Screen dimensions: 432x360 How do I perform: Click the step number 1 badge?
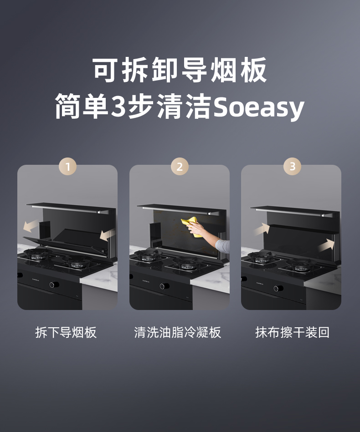[68, 167]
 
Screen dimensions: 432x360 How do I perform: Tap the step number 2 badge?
[180, 167]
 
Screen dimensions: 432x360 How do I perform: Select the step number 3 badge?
[292, 167]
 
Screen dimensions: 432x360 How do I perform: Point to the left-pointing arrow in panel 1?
[31, 225]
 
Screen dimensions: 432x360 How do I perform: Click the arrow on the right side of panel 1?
[107, 234]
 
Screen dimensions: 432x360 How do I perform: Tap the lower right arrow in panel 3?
[326, 246]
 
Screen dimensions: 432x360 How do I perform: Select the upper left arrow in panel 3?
[262, 229]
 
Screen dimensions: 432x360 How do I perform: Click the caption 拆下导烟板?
[66, 332]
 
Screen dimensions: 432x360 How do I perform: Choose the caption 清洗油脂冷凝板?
[178, 332]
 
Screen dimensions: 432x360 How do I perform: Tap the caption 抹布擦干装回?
[292, 332]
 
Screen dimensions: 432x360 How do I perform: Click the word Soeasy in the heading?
[258, 107]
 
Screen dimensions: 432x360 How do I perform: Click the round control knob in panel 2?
[163, 286]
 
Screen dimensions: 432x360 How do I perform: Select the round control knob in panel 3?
[276, 288]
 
